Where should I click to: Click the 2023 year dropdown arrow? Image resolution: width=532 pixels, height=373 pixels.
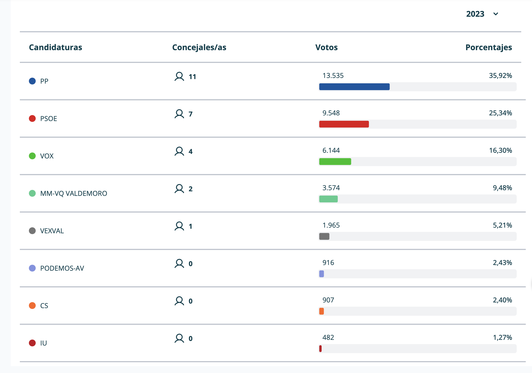[x=495, y=14]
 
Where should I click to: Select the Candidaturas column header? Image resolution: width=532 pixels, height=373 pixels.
[x=56, y=47]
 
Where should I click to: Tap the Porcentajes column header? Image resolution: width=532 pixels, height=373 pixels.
[x=488, y=47]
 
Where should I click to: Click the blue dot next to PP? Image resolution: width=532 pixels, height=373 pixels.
[x=32, y=81]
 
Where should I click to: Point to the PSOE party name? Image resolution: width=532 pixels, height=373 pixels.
[x=48, y=118]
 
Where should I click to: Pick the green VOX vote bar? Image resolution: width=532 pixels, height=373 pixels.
[x=335, y=162]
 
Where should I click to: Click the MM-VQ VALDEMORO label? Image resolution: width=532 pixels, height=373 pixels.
[x=74, y=193]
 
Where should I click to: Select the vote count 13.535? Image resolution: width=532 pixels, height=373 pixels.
[x=333, y=76]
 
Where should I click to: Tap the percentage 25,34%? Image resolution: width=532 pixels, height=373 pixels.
[x=500, y=113]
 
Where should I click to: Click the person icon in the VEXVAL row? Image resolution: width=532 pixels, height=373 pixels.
[x=179, y=226]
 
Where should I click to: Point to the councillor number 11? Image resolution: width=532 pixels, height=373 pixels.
[x=192, y=77]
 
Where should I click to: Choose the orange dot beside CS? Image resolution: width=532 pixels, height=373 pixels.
[x=32, y=306]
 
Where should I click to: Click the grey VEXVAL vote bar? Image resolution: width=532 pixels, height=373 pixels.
[x=324, y=236]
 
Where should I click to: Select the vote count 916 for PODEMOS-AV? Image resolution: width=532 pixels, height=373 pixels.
[x=328, y=263]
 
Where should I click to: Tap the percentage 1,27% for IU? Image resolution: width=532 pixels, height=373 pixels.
[x=502, y=338]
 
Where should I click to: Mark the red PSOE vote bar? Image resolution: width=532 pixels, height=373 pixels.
[x=344, y=124]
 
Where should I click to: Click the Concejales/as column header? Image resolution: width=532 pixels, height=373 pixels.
[x=199, y=47]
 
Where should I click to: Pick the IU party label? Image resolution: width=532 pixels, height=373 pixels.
[x=43, y=343]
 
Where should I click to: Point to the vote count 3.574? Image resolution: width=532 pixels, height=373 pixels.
[x=331, y=188]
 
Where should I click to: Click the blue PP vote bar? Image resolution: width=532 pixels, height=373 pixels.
[x=354, y=87]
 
